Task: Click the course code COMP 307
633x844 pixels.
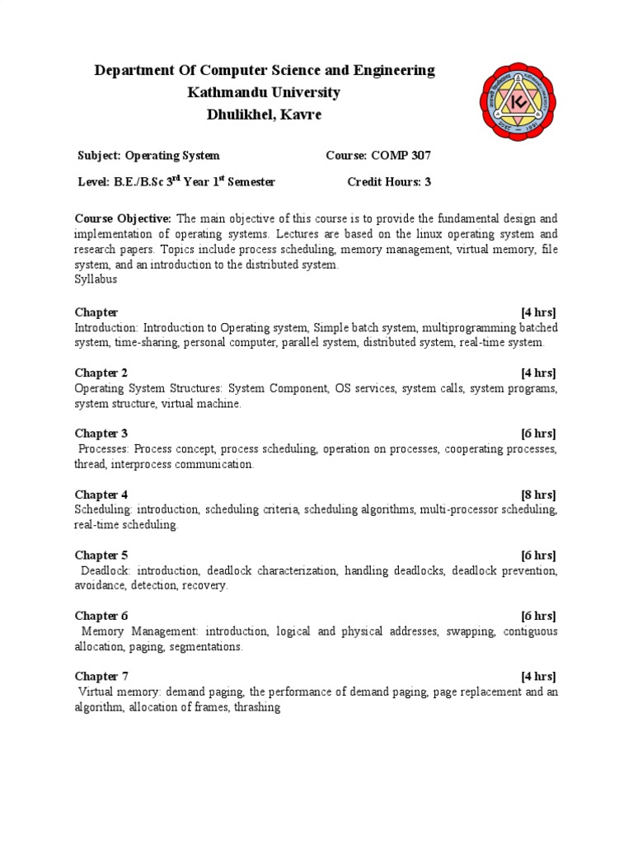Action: tap(401, 155)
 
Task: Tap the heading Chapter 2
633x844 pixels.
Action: tap(101, 373)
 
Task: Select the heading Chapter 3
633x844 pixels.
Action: tap(101, 434)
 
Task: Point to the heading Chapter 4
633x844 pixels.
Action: tap(101, 495)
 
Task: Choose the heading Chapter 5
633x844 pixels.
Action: tap(101, 555)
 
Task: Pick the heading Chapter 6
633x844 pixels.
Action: tap(101, 616)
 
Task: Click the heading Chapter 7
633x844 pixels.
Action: tap(101, 677)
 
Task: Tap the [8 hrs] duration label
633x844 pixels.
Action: tap(538, 495)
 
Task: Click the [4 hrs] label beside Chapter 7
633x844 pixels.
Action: tap(538, 677)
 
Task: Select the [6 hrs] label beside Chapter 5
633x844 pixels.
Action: tap(538, 555)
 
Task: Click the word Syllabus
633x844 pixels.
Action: tap(96, 279)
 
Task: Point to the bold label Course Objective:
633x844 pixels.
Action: tap(123, 218)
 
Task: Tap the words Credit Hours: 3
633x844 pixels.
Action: tap(389, 182)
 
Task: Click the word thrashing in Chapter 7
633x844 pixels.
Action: tap(256, 707)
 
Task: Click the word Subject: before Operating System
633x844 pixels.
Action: tap(99, 155)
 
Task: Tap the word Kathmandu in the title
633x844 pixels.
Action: tap(229, 92)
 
